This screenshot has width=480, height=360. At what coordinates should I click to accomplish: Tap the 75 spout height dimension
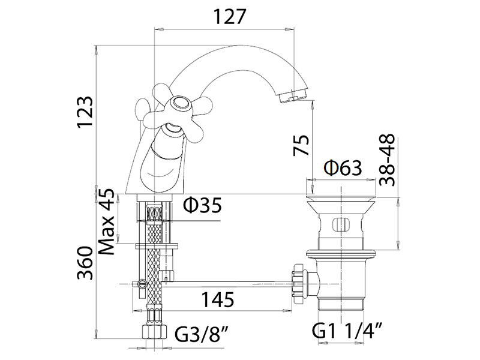301,146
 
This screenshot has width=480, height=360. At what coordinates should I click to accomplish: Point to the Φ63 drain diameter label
343,169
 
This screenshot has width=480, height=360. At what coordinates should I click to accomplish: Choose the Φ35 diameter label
202,206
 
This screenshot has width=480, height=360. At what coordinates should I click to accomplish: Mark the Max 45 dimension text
107,221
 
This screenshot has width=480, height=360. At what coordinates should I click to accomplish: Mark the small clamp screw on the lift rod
141,284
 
